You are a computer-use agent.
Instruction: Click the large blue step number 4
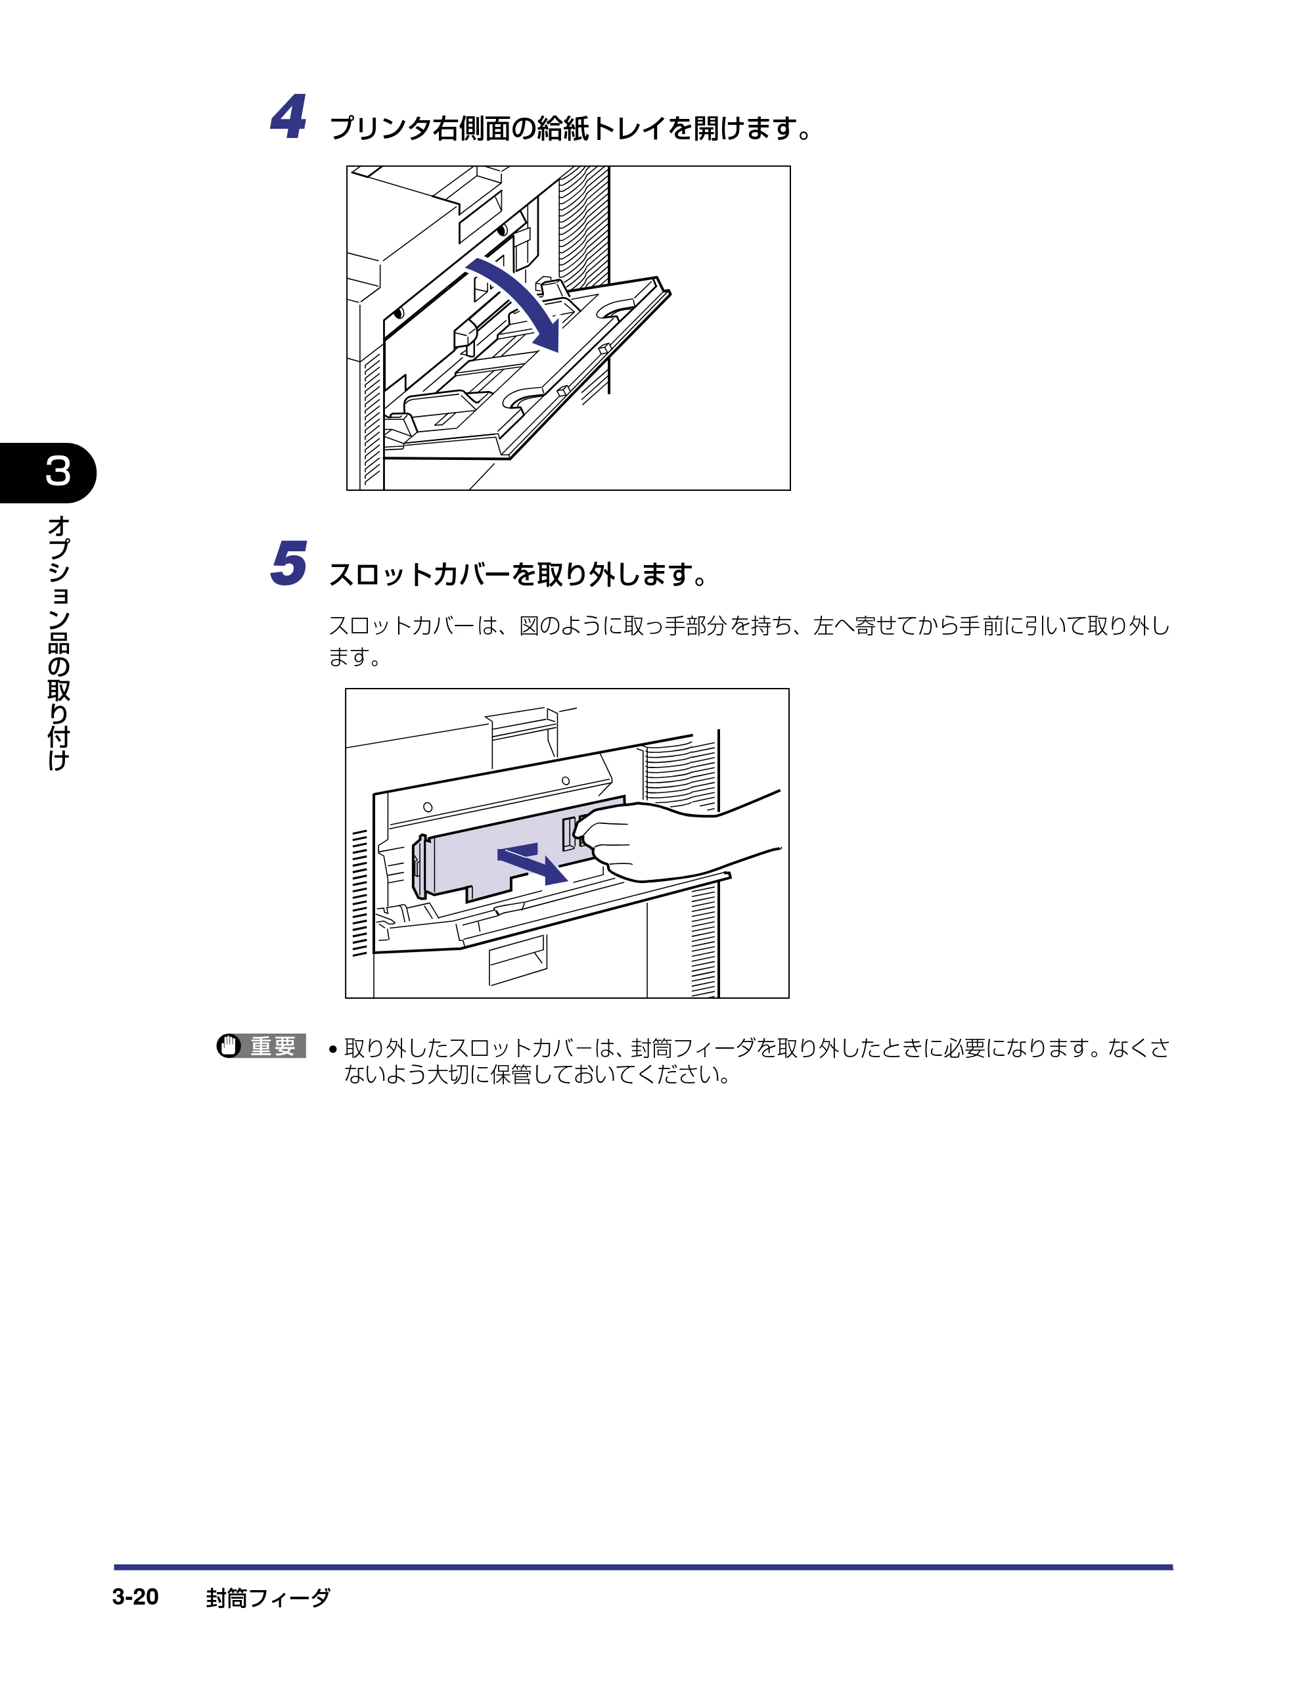(x=288, y=117)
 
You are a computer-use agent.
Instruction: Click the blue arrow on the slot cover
(x=532, y=863)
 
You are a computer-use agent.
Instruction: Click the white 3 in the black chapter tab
(x=58, y=471)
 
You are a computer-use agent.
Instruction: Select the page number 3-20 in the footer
(x=135, y=1597)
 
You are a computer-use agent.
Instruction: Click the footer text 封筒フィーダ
(x=268, y=1598)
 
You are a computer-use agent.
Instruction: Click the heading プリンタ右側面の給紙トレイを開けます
(x=570, y=127)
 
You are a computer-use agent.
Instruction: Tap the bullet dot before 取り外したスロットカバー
(x=332, y=1050)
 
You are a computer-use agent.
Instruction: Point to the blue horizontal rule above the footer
(x=643, y=1567)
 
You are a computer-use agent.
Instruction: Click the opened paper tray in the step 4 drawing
(x=526, y=371)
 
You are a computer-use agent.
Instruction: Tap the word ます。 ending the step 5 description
(x=354, y=657)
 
